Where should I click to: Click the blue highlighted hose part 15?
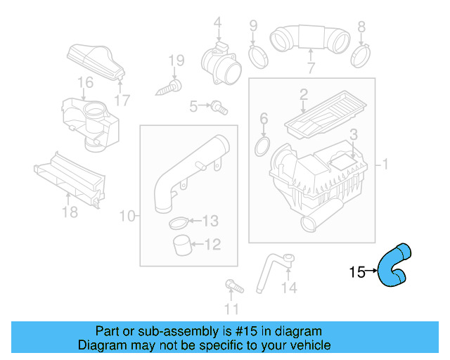394,265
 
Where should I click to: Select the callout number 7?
310,68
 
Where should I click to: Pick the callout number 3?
354,134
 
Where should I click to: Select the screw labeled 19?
169,87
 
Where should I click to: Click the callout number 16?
85,83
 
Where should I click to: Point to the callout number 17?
122,101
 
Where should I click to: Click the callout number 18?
69,212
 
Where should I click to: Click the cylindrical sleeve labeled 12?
184,246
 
